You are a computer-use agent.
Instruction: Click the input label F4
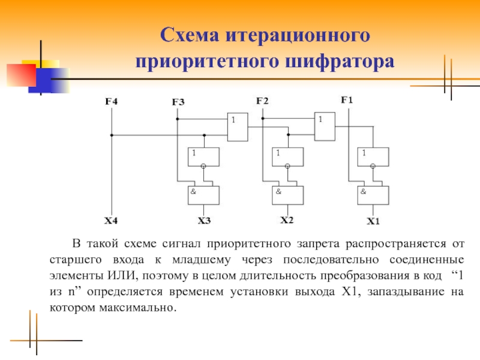112,101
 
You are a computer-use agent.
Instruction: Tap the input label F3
178,102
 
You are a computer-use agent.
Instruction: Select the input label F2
262,101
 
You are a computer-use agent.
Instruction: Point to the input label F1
347,100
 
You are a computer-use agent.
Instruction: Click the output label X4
111,221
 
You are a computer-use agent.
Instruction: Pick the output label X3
204,221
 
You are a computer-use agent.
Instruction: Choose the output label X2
287,220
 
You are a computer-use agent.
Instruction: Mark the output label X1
373,221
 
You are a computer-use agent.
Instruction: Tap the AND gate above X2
288,195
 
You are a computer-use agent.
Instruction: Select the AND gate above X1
373,195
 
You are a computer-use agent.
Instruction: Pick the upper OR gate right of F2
325,127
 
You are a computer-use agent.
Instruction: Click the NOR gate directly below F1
373,157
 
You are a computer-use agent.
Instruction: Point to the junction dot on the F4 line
112,135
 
